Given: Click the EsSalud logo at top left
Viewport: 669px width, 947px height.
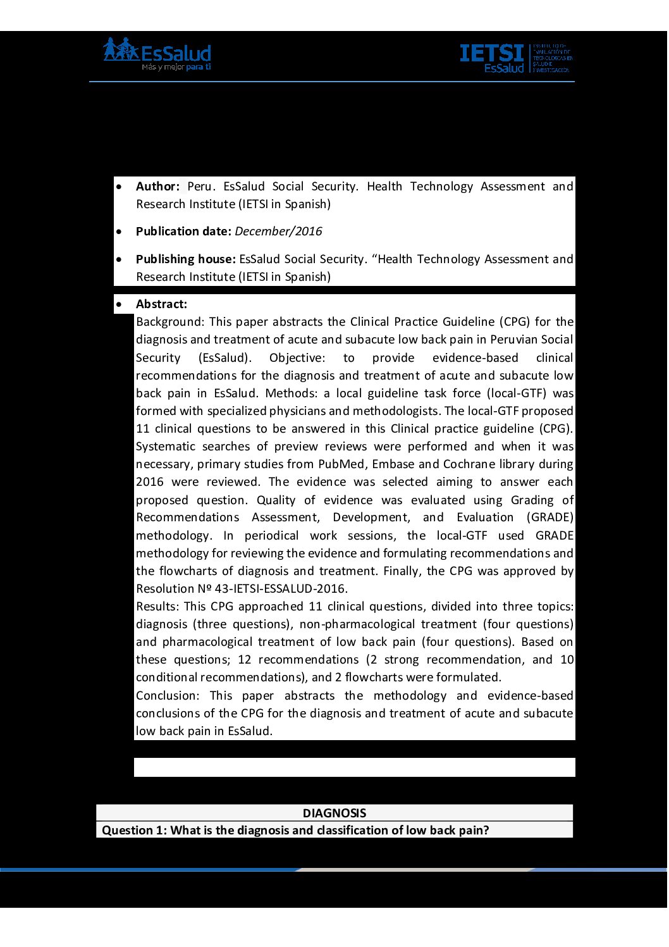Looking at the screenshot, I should pos(157,54).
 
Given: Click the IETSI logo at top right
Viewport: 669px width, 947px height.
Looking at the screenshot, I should pos(516,58).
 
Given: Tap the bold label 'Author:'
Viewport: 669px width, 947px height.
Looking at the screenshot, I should pos(157,187).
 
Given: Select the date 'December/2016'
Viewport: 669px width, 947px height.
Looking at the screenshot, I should pos(278,232).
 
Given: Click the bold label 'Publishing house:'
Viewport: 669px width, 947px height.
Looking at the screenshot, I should pos(186,259).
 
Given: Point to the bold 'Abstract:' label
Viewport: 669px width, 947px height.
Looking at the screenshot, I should pos(161,304).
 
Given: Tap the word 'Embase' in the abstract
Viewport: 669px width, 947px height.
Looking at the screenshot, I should pos(393,464).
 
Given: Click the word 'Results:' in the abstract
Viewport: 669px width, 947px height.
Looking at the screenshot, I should pos(157,607).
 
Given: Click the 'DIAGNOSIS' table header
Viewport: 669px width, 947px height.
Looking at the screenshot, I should pos(334,814).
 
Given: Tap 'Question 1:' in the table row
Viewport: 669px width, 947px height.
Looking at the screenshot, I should pos(134,831).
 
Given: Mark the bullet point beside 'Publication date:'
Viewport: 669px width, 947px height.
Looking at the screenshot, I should pos(119,232).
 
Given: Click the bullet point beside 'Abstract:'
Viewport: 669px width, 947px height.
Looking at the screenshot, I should pos(119,305).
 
